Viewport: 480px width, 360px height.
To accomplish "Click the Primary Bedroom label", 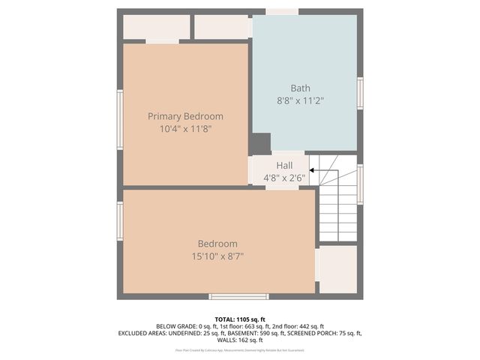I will point(185,116).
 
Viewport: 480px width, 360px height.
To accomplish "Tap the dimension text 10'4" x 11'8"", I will point(185,129).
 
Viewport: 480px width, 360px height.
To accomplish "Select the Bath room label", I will point(300,88).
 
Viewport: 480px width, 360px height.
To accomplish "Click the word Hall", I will point(284,166).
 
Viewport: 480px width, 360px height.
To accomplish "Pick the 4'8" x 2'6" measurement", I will point(284,178).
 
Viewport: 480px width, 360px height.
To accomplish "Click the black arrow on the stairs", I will point(313,171).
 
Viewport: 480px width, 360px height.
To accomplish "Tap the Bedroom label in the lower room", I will point(217,244).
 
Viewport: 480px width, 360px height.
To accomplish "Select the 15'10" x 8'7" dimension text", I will point(217,256).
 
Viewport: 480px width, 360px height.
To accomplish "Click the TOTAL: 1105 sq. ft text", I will point(240,318).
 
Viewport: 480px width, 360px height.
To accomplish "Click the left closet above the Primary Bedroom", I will point(156,27).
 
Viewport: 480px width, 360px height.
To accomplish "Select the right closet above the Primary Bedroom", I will point(221,27).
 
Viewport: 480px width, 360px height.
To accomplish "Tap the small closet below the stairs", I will point(337,269).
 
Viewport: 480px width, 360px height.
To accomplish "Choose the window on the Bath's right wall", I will point(360,93).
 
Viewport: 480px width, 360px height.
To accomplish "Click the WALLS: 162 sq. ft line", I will point(240,340).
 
